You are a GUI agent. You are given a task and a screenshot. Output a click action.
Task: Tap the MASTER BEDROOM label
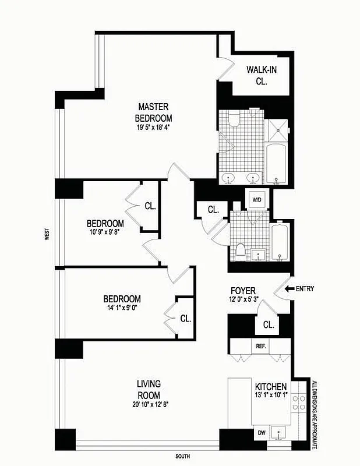154,112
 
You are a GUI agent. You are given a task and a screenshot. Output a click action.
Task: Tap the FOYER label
244,291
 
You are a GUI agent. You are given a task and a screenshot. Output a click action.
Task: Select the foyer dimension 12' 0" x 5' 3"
244,301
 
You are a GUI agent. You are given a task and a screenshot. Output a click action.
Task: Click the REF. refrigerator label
261,346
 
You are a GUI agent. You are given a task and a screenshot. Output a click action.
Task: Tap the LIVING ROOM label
149,389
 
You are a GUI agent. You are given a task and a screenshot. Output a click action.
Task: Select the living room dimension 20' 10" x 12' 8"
149,404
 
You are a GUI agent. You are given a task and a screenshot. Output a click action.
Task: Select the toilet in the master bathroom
235,120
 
